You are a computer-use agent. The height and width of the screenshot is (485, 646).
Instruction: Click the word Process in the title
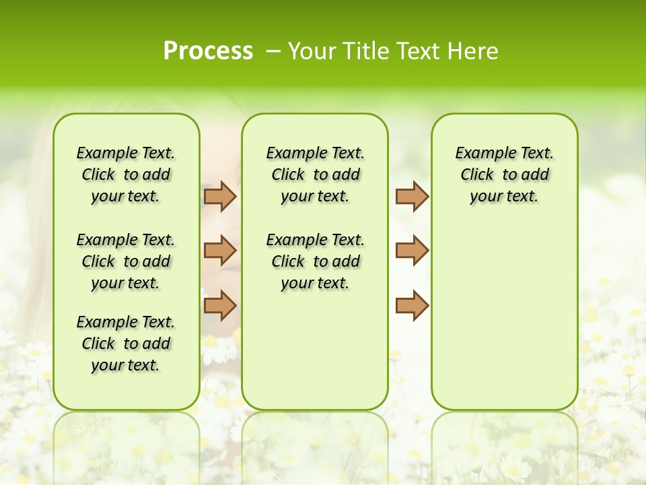(208, 51)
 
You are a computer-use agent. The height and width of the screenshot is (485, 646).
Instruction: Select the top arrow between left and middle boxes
(220, 196)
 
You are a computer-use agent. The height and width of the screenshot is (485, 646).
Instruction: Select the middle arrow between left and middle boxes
(220, 251)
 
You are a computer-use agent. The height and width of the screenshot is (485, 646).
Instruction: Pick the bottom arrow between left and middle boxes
(220, 304)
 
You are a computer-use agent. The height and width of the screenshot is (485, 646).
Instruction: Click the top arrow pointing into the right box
(412, 196)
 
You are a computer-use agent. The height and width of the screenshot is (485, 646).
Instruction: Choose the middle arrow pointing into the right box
(412, 251)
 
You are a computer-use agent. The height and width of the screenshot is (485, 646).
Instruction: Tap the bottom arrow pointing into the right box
(412, 304)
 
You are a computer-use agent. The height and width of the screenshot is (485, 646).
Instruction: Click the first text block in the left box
(126, 174)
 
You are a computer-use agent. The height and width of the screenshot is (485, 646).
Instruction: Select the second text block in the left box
(126, 261)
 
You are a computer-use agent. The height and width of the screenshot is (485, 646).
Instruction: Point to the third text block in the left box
(126, 344)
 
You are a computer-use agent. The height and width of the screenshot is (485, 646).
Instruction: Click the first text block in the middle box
(315, 174)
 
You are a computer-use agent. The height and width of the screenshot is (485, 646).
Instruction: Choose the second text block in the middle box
(315, 261)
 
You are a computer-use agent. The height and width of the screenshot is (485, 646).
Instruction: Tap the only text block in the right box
(504, 174)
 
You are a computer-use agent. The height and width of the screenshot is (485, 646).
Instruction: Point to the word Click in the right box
(477, 175)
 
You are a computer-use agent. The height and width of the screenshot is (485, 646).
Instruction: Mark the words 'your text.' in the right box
(504, 197)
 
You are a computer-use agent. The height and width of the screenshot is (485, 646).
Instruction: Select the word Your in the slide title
(313, 51)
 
